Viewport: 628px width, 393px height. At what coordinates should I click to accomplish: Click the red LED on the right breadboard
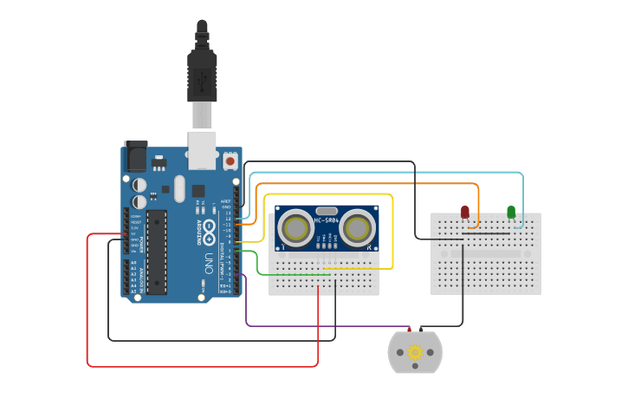[465, 212]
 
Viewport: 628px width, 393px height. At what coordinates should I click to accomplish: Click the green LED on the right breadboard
[511, 212]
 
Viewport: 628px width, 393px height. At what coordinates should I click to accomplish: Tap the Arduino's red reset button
[230, 160]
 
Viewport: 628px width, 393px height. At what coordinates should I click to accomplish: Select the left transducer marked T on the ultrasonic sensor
[297, 229]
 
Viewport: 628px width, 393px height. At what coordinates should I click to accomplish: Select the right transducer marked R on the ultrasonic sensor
[356, 229]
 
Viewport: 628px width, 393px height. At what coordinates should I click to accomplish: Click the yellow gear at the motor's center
[415, 352]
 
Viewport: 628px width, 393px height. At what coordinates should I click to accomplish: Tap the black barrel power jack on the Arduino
[135, 155]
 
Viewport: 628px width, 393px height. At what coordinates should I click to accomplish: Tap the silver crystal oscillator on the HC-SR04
[327, 210]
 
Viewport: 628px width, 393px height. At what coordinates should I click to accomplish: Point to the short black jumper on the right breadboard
[485, 233]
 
